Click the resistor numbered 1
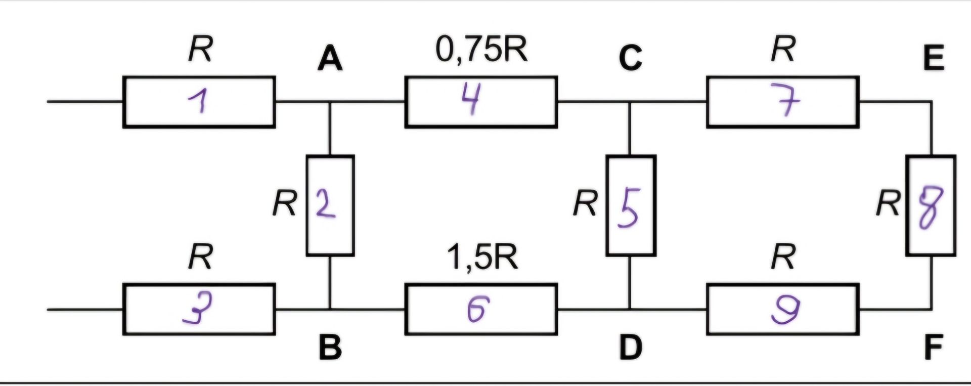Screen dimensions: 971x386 coord(199,102)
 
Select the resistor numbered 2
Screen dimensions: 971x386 coord(330,205)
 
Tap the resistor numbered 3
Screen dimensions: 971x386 coord(199,309)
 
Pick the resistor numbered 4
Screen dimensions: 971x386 coord(481,102)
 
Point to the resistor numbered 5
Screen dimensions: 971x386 coord(631,205)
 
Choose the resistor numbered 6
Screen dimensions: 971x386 coord(481,309)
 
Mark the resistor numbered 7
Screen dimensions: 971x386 coord(782,102)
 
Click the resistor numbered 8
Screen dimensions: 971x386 coord(931,205)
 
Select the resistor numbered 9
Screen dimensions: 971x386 coord(782,309)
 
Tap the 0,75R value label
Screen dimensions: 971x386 coord(481,50)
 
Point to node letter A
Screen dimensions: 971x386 coord(330,59)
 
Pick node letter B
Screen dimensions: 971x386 coord(330,348)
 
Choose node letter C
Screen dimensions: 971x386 coord(630,58)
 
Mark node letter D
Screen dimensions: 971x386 coord(631,348)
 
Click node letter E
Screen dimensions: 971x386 coord(933,58)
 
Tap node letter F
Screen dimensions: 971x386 coord(933,348)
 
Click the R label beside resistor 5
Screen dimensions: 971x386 coord(586,203)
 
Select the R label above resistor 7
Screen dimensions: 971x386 coord(782,49)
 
